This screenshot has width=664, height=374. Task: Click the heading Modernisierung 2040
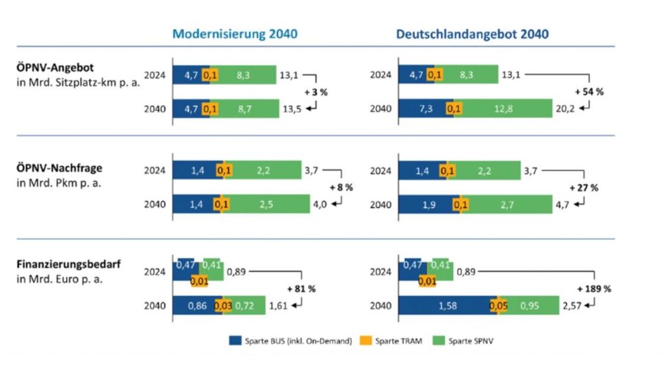[x=235, y=34]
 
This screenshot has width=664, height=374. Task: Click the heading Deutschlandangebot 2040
[x=473, y=34]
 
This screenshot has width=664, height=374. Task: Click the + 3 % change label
[x=315, y=92]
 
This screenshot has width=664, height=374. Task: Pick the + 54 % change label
[x=589, y=92]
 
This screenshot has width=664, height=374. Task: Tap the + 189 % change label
[x=594, y=288]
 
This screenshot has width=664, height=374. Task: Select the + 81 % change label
[x=301, y=288]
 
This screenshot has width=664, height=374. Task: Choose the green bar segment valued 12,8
[x=503, y=108]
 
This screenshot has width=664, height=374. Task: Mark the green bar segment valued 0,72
[x=244, y=306]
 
